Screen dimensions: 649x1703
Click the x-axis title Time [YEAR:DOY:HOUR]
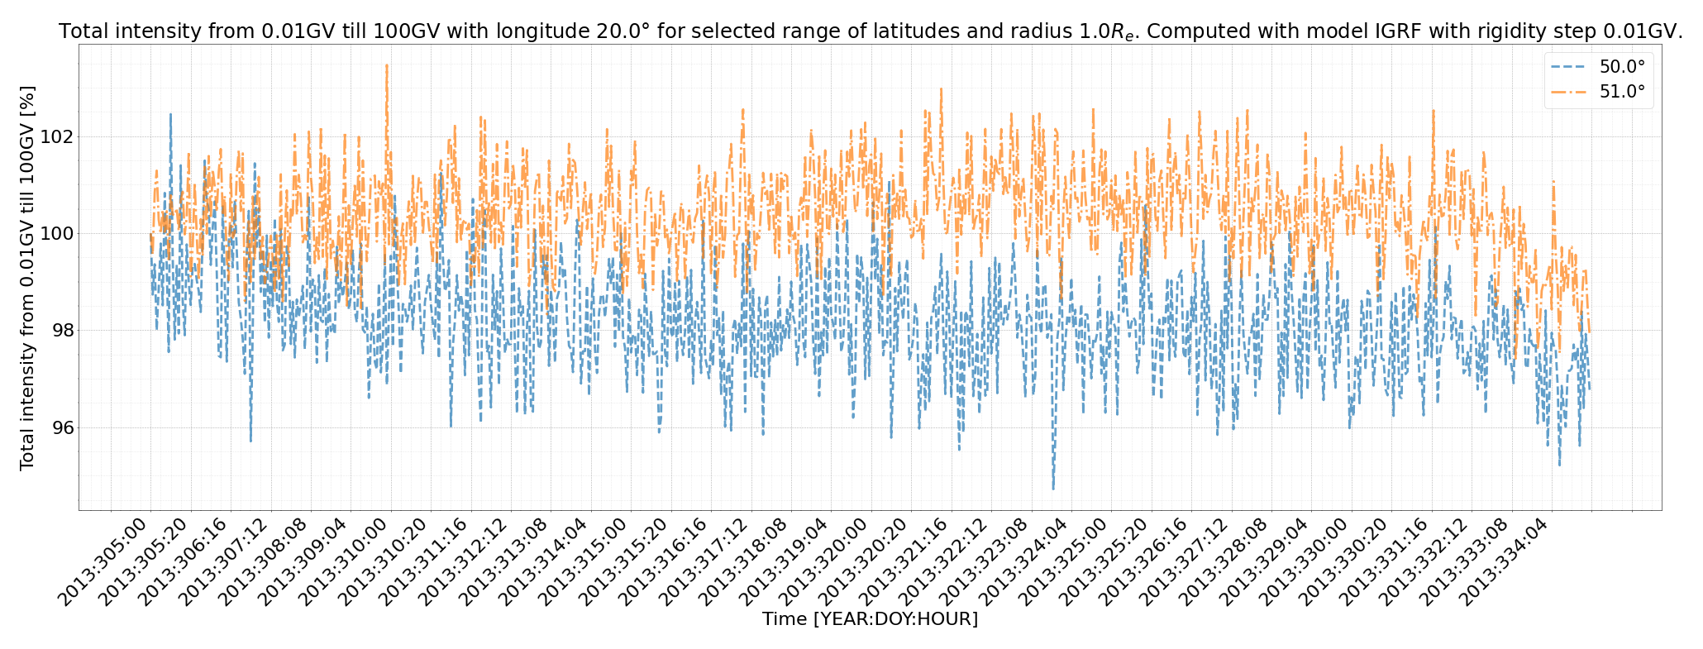click(870, 619)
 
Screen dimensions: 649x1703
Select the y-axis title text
click(27, 278)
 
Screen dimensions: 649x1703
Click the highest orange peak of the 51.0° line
click(387, 65)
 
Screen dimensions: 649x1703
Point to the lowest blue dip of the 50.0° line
click(1053, 489)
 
